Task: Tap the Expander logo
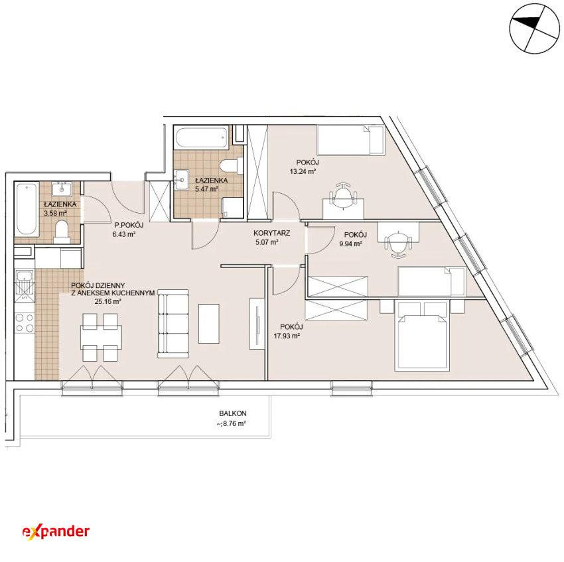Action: pos(56,531)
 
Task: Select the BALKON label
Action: pos(233,414)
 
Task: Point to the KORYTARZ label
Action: pos(271,233)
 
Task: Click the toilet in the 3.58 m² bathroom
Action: pos(62,232)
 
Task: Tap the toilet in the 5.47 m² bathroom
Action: pos(229,166)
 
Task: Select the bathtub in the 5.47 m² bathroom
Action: pos(202,137)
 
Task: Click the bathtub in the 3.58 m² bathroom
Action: pos(27,210)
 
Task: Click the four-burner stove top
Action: pos(25,322)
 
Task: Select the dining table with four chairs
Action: pos(101,337)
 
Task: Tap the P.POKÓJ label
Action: pos(129,225)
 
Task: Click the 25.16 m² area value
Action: pos(107,302)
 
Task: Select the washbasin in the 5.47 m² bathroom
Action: pos(182,178)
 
